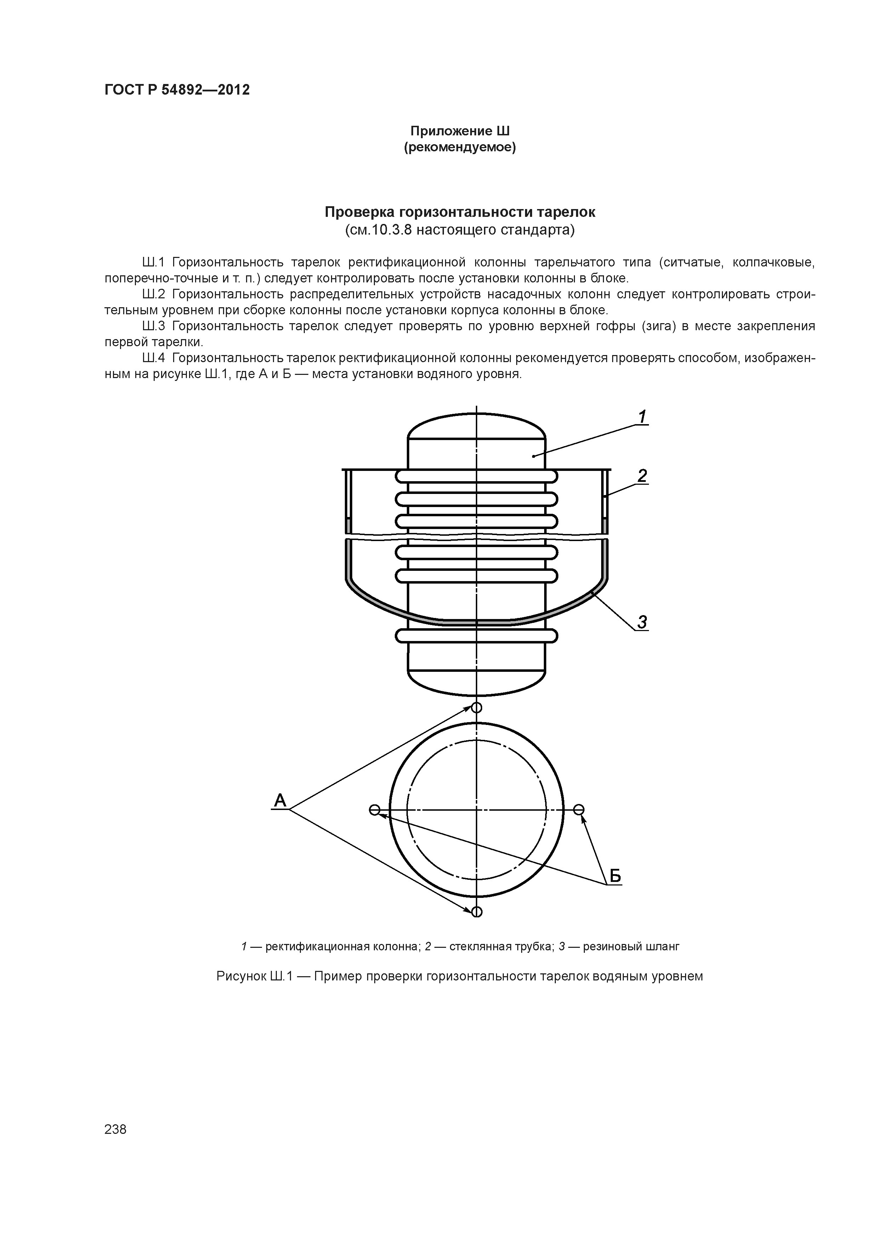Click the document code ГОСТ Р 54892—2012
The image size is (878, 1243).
(177, 90)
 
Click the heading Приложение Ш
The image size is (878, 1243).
(460, 131)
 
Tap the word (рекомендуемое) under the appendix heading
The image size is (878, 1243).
(460, 148)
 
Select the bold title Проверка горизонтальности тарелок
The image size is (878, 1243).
(460, 212)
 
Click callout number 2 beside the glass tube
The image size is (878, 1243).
(642, 476)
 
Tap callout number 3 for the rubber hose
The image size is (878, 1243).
(642, 622)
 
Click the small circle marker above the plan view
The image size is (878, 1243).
(477, 708)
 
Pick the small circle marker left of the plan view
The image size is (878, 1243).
(374, 810)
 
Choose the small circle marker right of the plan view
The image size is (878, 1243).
(579, 810)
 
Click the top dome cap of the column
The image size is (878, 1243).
(477, 425)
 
